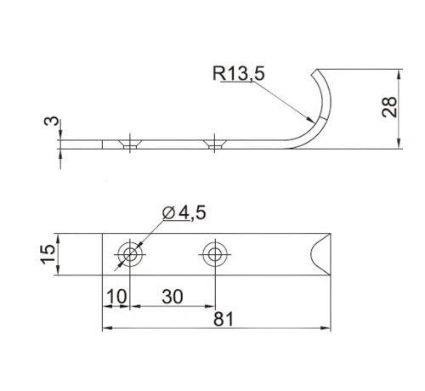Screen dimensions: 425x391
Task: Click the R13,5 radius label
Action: [239, 73]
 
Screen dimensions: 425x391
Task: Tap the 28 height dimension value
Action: [389, 107]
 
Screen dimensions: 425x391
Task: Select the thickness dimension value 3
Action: [52, 121]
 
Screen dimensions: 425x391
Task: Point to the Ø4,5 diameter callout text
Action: [184, 212]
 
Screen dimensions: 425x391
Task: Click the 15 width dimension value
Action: [48, 254]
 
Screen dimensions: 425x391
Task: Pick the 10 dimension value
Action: [116, 297]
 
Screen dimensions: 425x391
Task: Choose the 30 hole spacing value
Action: [173, 297]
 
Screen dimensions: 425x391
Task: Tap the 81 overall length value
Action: [224, 319]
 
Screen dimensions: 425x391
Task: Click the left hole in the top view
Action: [130, 254]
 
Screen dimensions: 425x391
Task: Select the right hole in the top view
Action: [215, 254]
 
